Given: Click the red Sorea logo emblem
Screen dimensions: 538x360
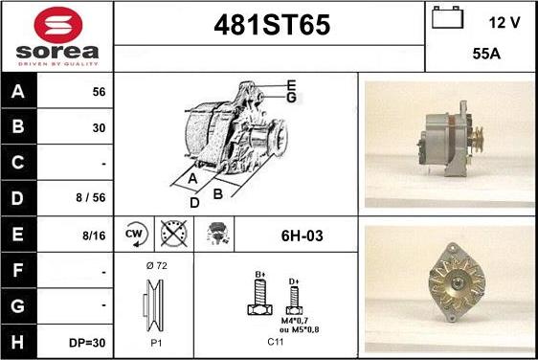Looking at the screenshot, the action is tap(58, 25).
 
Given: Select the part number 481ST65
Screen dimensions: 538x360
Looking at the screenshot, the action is tap(272, 25).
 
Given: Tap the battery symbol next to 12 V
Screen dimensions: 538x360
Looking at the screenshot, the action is tap(447, 17).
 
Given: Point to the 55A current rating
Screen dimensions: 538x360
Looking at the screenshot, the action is tap(486, 54).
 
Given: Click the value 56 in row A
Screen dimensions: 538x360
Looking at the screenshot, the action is tap(99, 92).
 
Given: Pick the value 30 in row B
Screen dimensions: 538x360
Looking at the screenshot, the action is tap(99, 128).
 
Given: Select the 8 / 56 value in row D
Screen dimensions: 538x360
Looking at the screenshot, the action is tap(91, 197).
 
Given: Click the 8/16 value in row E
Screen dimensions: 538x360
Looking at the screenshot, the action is tap(94, 236).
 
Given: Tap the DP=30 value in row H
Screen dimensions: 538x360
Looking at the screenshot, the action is tap(87, 343).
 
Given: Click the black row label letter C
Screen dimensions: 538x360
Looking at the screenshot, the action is tap(18, 163).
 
